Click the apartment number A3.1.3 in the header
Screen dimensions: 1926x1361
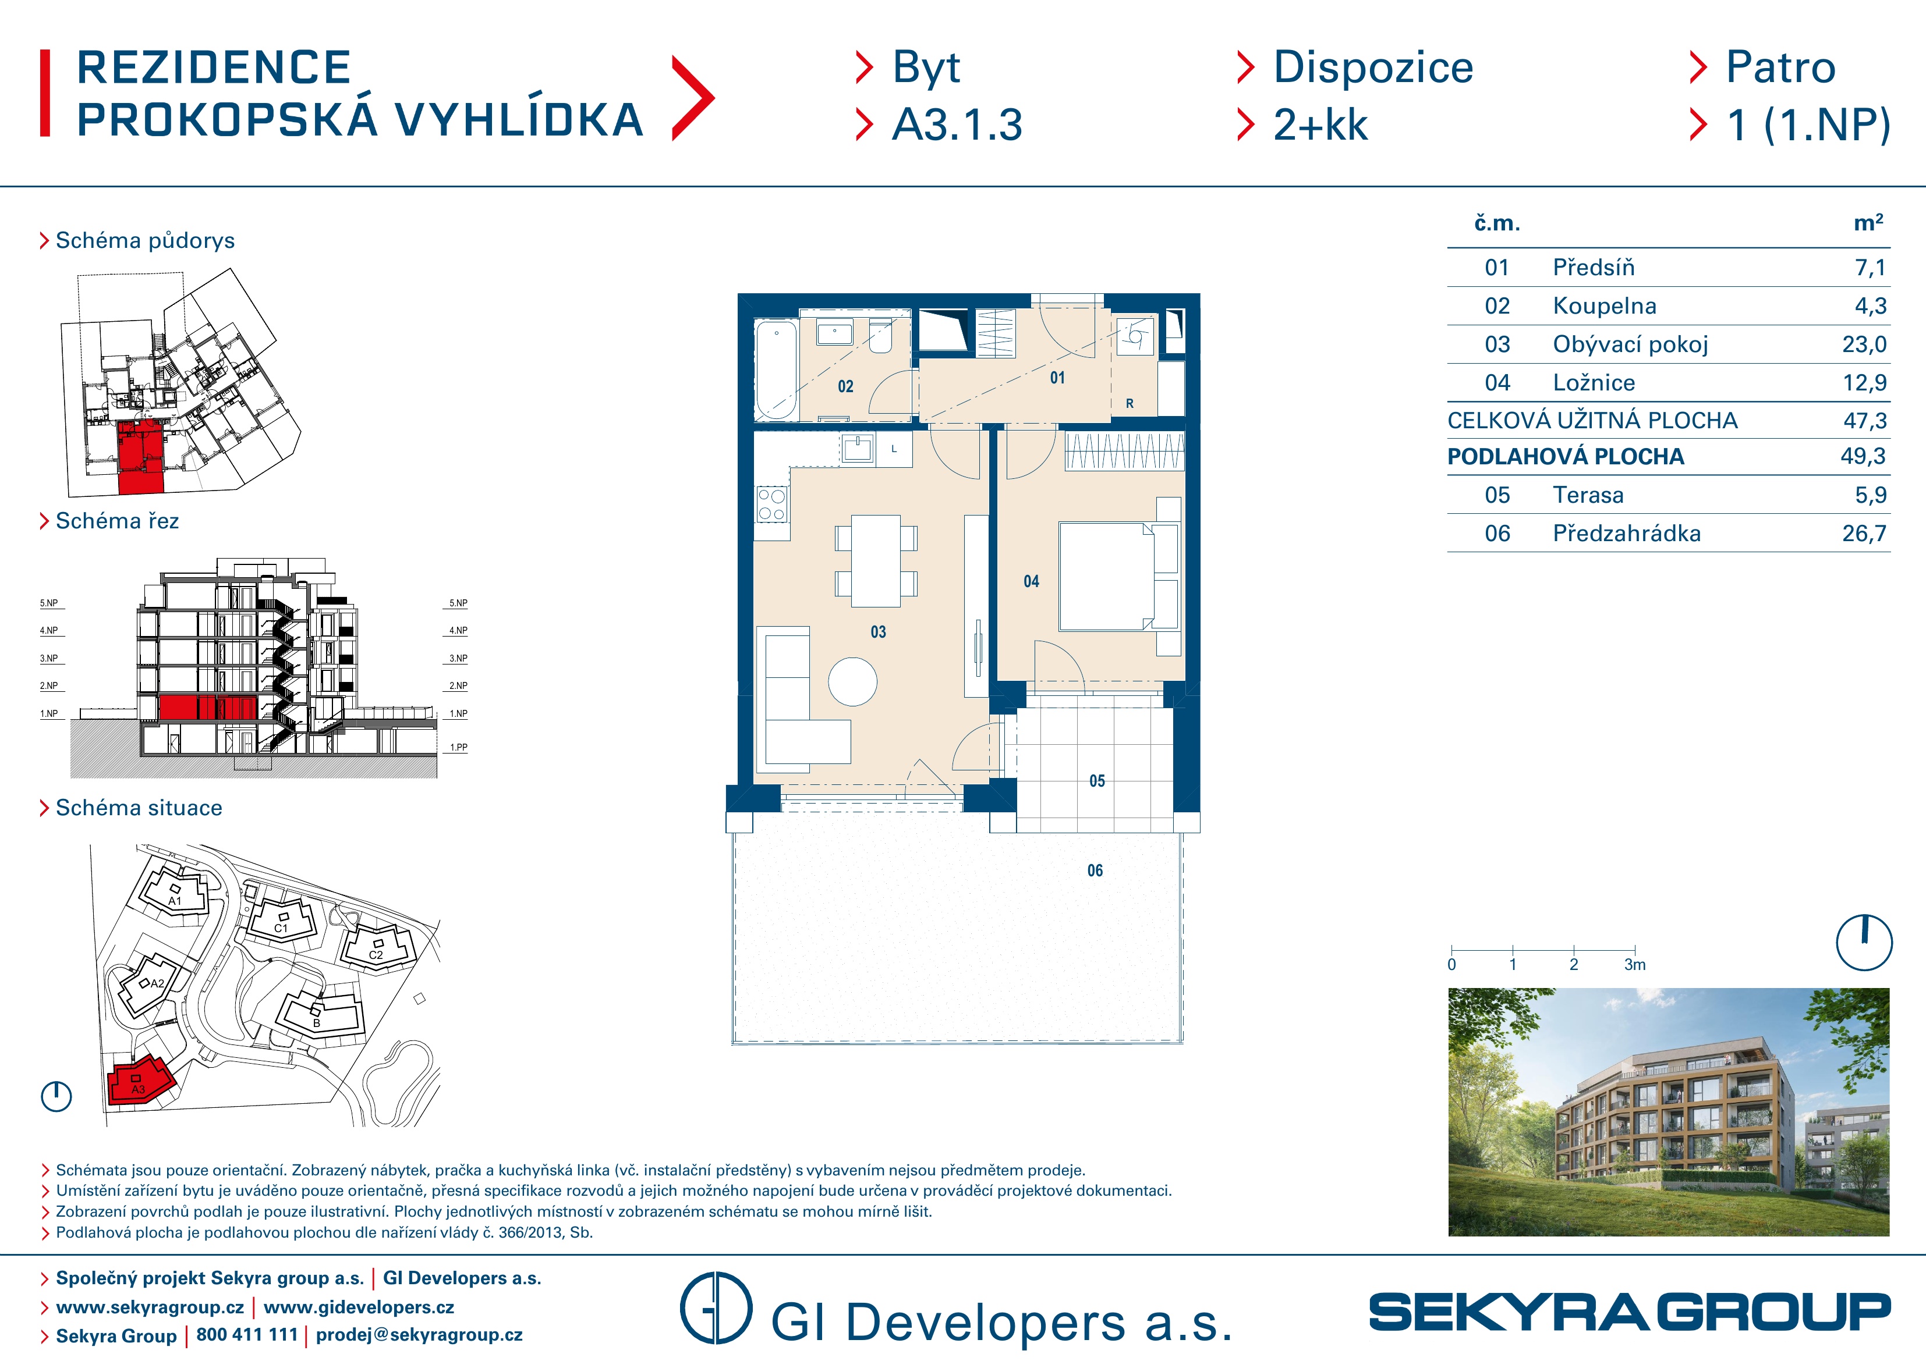957,125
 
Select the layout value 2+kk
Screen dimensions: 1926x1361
1320,125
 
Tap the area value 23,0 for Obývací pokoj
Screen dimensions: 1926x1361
1864,344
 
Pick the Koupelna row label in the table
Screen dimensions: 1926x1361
1604,306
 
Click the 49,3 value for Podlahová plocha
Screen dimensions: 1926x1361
1863,456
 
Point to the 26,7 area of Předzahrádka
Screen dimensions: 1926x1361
1864,534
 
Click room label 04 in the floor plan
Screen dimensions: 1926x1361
1031,581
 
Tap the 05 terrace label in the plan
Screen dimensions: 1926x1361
1097,781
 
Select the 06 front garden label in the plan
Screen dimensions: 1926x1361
1095,870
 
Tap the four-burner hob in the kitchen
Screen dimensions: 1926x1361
772,504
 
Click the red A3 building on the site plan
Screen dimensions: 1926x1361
139,1083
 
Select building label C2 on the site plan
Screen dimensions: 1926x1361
376,955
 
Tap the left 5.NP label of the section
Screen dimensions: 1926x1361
49,603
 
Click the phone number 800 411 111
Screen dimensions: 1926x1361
247,1335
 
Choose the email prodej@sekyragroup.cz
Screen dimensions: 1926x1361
419,1335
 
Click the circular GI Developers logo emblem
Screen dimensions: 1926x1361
716,1308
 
